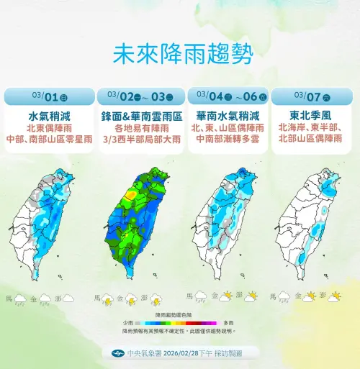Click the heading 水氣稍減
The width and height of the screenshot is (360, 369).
click(49, 115)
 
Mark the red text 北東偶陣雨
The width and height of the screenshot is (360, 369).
click(49, 128)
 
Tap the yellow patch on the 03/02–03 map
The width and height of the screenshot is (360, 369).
click(132, 193)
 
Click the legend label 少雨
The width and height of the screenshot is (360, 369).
click(127, 323)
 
